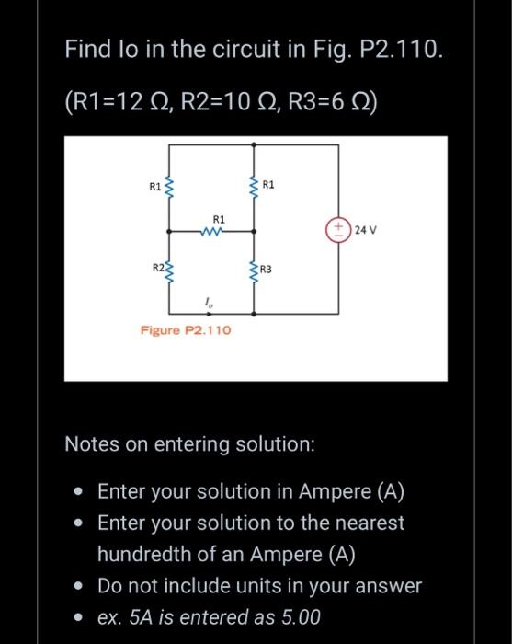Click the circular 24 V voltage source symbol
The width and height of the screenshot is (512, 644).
coord(338,228)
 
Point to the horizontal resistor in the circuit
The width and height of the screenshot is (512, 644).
coord(212,232)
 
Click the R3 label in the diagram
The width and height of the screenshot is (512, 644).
coord(266,270)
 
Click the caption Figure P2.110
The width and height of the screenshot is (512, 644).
coord(185,329)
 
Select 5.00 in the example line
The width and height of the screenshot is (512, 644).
coord(296,617)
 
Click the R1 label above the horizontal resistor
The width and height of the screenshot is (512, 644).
coord(218,219)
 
